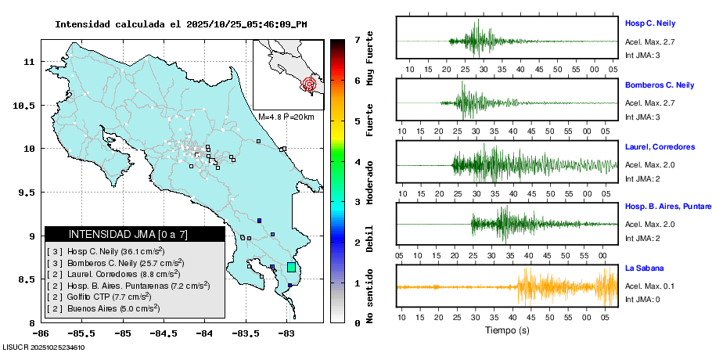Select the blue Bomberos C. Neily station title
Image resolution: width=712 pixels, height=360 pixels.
(659, 85)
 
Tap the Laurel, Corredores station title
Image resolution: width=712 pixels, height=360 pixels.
(660, 146)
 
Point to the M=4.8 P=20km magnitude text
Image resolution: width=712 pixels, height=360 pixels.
(286, 117)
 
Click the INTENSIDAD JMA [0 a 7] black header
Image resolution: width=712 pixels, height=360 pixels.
(135, 234)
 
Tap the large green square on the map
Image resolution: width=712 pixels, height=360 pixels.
(291, 267)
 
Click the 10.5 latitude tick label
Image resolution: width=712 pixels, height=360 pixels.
(27, 106)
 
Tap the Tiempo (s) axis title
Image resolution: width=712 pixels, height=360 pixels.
(507, 330)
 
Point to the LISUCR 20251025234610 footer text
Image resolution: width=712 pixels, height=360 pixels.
(44, 347)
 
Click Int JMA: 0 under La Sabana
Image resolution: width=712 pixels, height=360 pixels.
(642, 298)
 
